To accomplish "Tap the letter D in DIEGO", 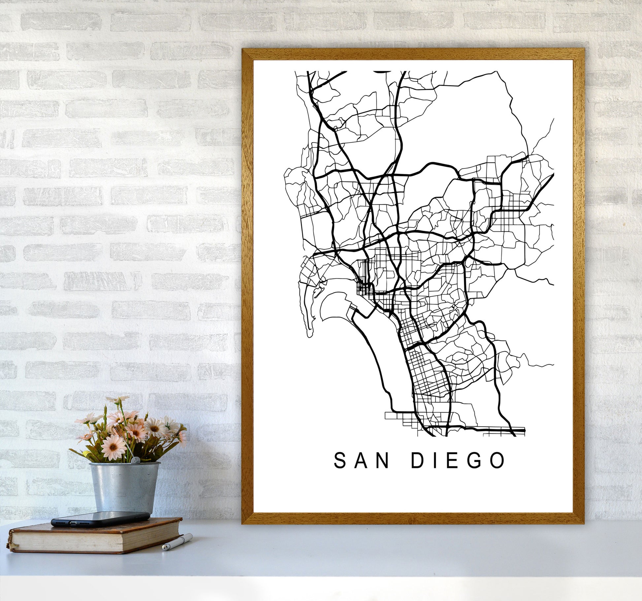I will pos(417,461).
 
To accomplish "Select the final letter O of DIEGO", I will pos(497,461).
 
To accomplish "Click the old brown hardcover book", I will pos(96,536).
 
